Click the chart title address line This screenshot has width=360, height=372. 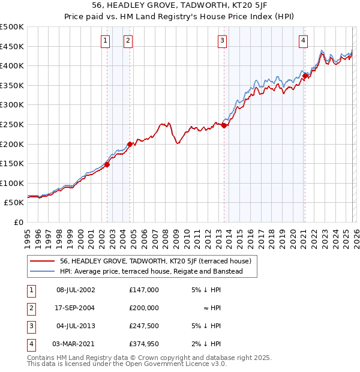tap(180, 7)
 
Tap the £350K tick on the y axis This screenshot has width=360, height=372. tap(12, 86)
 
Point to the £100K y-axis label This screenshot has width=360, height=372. tap(12, 184)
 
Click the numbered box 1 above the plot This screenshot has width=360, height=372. tap(106, 41)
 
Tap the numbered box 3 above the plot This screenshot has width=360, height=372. tap(222, 41)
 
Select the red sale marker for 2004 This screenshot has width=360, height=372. tap(130, 144)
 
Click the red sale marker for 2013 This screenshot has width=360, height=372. tap(224, 125)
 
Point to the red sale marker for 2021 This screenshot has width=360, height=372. tap(305, 76)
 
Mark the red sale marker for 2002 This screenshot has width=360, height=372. tap(107, 164)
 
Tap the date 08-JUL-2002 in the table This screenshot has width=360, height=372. tap(76, 289)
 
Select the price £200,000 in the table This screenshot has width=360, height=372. tap(143, 307)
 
